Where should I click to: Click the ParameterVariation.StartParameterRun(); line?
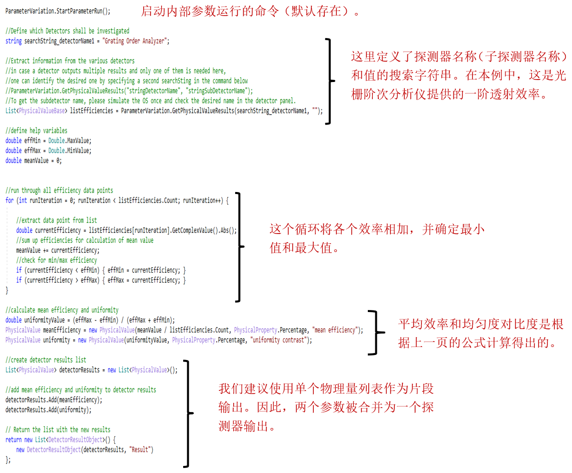tap(58, 11)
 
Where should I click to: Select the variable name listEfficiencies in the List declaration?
tap(92, 110)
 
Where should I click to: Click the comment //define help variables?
tap(37, 130)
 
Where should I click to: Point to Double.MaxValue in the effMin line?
tap(70, 140)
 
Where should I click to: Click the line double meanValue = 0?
tap(34, 160)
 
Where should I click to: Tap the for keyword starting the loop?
tap(10, 200)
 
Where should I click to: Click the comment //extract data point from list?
tap(57, 220)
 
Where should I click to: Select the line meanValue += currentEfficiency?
tap(58, 250)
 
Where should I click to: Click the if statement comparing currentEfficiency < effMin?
tap(101, 270)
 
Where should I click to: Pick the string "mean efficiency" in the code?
tap(335, 330)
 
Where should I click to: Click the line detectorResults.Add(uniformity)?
tap(49, 409)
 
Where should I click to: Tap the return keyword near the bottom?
tap(14, 439)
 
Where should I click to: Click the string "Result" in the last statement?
tap(140, 449)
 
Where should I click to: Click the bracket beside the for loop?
tap(239, 246)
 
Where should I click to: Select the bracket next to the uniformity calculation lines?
tap(376, 332)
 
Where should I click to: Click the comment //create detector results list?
tap(46, 359)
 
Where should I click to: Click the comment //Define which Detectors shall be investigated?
tap(68, 30)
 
